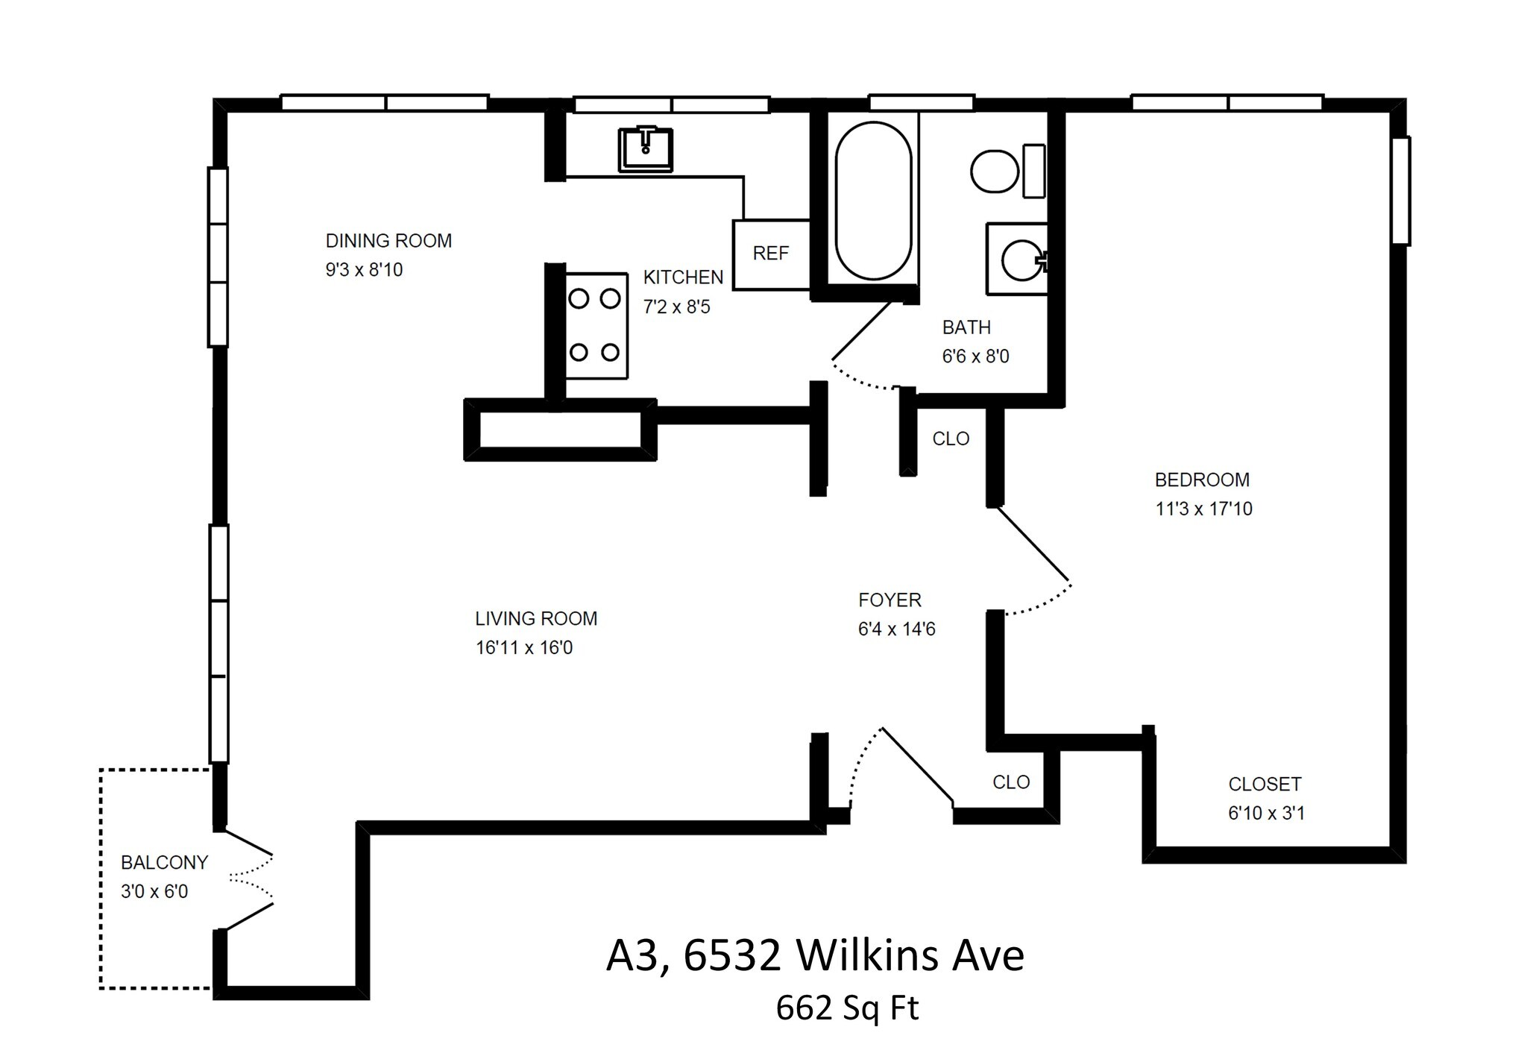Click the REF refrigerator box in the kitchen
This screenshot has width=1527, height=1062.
[771, 254]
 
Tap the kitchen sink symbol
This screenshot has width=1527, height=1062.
[645, 149]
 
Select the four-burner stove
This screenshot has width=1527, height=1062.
[596, 326]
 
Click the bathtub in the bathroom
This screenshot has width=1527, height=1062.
[873, 201]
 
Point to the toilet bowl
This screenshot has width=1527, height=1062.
[995, 172]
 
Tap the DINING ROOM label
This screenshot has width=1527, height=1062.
[388, 241]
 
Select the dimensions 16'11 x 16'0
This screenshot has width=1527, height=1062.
[524, 647]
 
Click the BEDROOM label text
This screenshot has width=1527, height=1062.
[1202, 480]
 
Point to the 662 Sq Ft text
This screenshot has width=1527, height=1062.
[847, 1008]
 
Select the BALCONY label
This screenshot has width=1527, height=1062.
[164, 863]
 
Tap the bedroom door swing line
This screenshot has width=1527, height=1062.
[1033, 544]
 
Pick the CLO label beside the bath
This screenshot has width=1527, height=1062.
[951, 439]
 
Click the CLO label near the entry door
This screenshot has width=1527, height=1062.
[1011, 782]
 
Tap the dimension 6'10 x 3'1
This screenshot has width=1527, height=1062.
[1266, 813]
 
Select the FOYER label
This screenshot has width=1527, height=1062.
[890, 600]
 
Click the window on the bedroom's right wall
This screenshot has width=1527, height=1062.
[1401, 190]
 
